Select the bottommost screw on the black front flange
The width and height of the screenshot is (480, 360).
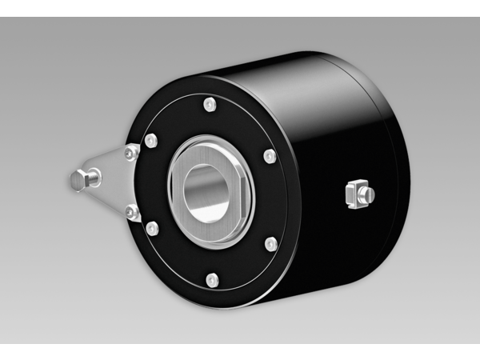pos(212,279)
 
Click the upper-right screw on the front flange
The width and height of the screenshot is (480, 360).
pos(270,155)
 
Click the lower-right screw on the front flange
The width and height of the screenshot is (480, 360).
pos(270,244)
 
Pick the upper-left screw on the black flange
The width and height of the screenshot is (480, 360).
pos(151,142)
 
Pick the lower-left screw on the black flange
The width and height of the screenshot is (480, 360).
pos(152,230)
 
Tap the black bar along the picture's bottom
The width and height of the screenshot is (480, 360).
pos(240,352)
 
